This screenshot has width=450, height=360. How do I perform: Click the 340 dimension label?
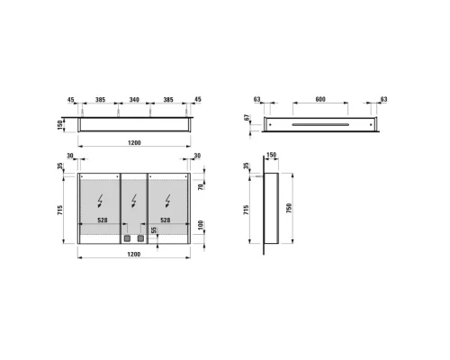(x=134, y=99)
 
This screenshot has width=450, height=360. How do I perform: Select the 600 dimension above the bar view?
(x=320, y=99)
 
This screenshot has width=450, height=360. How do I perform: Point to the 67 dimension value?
(x=247, y=117)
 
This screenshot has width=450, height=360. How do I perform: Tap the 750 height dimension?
(x=289, y=208)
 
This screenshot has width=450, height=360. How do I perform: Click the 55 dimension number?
(x=154, y=230)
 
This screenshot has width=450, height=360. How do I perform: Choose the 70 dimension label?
(x=201, y=186)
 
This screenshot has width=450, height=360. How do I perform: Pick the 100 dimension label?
(x=201, y=225)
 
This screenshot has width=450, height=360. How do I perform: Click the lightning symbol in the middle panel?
(x=134, y=201)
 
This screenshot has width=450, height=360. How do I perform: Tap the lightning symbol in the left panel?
(x=100, y=201)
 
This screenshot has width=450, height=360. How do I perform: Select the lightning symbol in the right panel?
(x=167, y=201)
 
